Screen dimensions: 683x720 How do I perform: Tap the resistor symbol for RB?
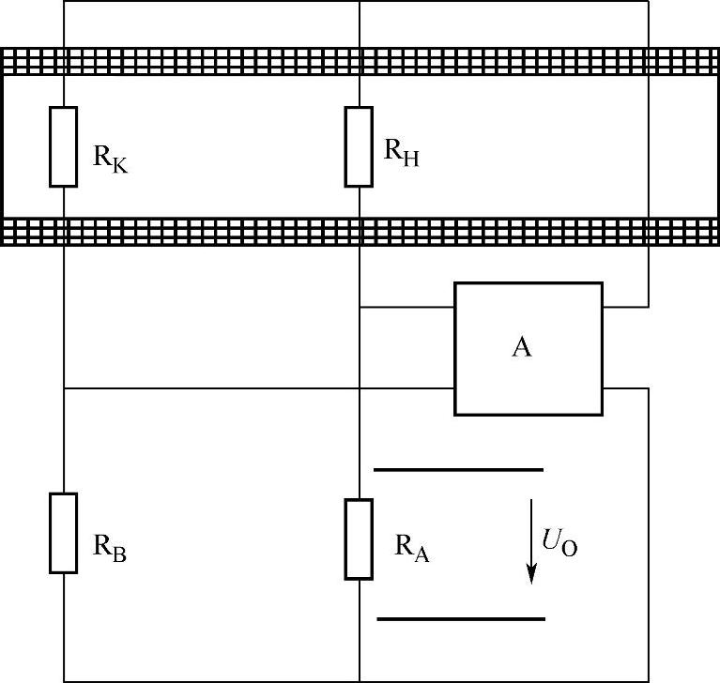click(x=63, y=532)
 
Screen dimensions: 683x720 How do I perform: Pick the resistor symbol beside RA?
click(x=359, y=539)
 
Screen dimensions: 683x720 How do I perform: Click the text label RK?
click(x=109, y=157)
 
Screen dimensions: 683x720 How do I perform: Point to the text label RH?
click(x=402, y=153)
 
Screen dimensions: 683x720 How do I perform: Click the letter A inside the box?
click(x=522, y=348)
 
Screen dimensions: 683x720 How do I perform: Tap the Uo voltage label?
click(x=559, y=542)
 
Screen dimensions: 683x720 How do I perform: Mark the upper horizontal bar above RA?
click(x=458, y=467)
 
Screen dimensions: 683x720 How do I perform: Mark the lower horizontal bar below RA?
click(x=460, y=618)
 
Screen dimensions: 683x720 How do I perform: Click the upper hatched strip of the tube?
click(x=360, y=61)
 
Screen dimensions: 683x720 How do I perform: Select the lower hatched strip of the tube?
click(x=360, y=231)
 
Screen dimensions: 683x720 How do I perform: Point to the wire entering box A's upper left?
click(x=407, y=307)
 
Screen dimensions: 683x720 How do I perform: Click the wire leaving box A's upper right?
click(x=624, y=307)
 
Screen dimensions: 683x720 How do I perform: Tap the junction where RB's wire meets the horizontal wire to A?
click(x=64, y=387)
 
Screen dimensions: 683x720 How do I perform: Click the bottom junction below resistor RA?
click(x=360, y=680)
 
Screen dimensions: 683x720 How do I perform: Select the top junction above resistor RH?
click(x=360, y=2)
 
